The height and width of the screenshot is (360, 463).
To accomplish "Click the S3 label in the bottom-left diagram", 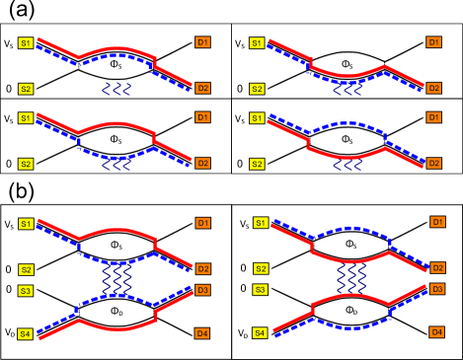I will point(26,290).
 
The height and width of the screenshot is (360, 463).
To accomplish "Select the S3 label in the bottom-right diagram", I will point(260,289).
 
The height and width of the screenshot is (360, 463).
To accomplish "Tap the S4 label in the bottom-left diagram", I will point(26,333).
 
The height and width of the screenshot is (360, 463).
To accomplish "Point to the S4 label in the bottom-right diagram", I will point(260,333).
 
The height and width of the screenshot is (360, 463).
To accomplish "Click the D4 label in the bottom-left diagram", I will point(202,333).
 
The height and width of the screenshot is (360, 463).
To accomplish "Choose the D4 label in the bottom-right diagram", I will point(436,332).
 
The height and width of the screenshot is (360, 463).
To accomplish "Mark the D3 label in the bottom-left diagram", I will point(202,290).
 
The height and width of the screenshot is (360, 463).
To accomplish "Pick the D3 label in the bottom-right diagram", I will point(437,289).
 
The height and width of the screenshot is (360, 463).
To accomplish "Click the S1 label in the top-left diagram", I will point(26,43).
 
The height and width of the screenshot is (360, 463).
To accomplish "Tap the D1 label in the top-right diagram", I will point(433,42).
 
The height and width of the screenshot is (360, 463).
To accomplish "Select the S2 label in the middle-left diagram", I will point(26,164).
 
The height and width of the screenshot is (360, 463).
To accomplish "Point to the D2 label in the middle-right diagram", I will point(433,163).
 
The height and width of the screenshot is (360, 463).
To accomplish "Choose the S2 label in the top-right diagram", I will point(257,89).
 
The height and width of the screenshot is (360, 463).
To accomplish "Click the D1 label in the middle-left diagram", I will point(202,117).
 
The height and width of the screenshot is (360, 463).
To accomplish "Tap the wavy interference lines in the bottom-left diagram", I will point(117,279).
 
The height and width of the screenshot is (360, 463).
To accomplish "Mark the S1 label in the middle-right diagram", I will point(257,118).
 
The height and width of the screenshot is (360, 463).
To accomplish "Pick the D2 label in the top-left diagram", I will point(202,88).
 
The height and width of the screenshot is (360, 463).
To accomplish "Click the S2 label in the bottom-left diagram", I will point(26,269).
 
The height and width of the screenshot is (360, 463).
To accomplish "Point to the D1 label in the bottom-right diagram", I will point(437,222).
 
